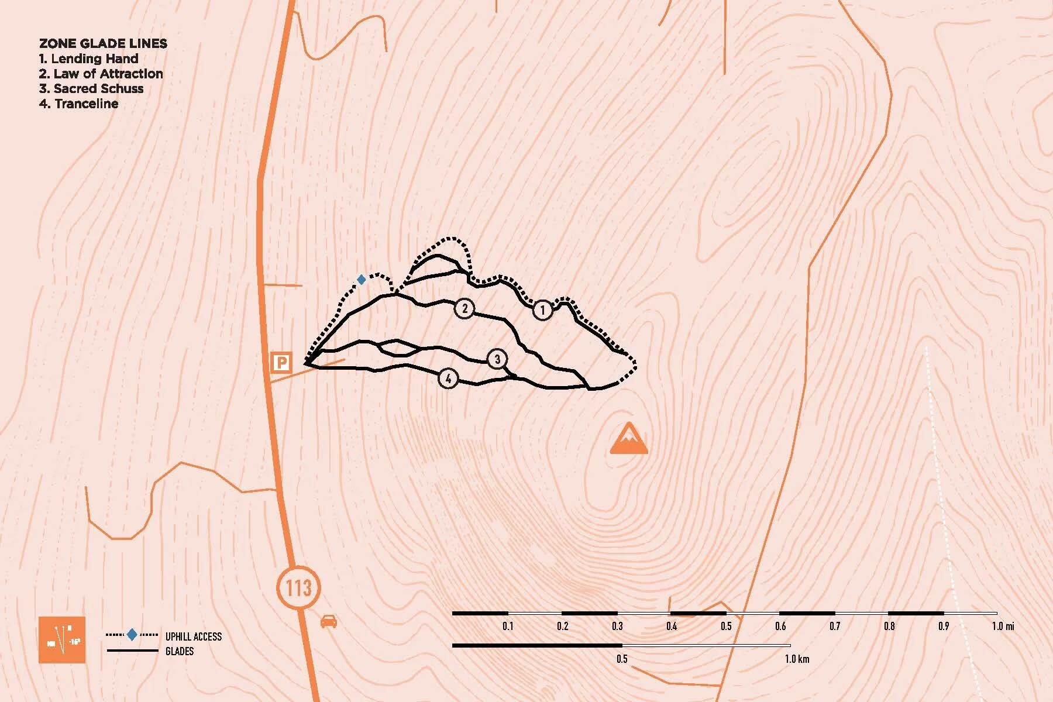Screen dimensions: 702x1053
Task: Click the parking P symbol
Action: (x=281, y=363)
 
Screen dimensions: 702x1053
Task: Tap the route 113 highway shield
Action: (x=298, y=587)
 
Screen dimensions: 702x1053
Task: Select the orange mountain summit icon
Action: (x=629, y=438)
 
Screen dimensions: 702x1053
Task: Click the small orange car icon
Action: (x=329, y=621)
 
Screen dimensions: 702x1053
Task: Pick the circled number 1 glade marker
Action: (x=542, y=310)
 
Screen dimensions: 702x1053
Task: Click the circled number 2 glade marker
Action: (x=464, y=308)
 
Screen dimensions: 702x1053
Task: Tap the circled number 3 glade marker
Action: (x=497, y=359)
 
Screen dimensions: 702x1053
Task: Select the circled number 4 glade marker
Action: (x=448, y=378)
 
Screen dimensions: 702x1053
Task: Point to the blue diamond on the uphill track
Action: (x=362, y=280)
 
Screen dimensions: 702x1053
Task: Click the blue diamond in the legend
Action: (x=132, y=635)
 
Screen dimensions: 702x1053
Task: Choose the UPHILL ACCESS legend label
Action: (x=194, y=636)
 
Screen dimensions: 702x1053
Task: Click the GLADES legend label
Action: (x=180, y=651)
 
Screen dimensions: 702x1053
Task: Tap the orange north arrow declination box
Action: (x=62, y=639)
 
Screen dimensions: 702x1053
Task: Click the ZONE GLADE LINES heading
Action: (x=103, y=43)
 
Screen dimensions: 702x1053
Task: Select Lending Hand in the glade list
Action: (x=89, y=58)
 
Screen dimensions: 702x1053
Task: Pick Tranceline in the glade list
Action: (x=79, y=104)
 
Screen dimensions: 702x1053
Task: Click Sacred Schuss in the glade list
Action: (x=91, y=88)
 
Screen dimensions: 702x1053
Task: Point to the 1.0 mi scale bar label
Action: (x=1003, y=626)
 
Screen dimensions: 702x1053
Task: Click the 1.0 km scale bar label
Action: (x=797, y=659)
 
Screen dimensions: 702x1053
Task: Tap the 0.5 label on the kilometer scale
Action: (x=622, y=659)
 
